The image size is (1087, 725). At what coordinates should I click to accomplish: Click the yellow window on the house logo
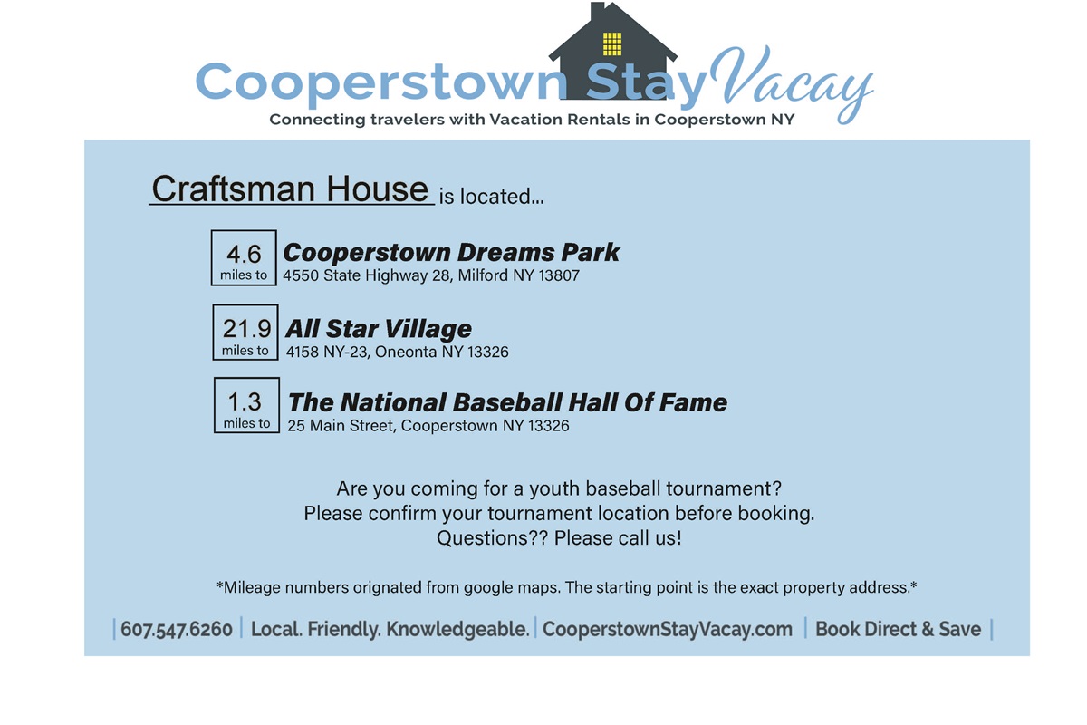coord(612,44)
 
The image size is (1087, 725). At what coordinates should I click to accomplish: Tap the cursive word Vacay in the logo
coord(791,82)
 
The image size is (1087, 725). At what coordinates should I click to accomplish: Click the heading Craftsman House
coord(290,188)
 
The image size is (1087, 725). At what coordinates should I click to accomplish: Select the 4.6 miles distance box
coord(244,258)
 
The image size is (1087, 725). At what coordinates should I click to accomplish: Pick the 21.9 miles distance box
coord(245,333)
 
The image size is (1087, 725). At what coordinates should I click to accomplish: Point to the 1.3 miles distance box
coord(246,405)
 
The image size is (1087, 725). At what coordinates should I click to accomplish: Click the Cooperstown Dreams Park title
coord(451,253)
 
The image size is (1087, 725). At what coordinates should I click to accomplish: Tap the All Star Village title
coord(379,329)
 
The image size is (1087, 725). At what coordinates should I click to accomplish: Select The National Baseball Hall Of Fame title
coord(507,402)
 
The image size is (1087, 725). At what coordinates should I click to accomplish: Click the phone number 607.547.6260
coord(177,629)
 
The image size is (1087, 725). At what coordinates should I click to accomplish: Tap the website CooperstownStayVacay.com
coord(668,629)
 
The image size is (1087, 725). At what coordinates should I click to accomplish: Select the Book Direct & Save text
coord(899,629)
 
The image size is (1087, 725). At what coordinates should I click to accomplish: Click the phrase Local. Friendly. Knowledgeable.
coord(390,629)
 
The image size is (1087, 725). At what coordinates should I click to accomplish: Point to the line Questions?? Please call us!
coord(559,538)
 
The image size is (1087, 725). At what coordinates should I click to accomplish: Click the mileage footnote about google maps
coord(566,587)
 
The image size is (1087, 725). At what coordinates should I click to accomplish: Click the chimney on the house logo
coord(597,12)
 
